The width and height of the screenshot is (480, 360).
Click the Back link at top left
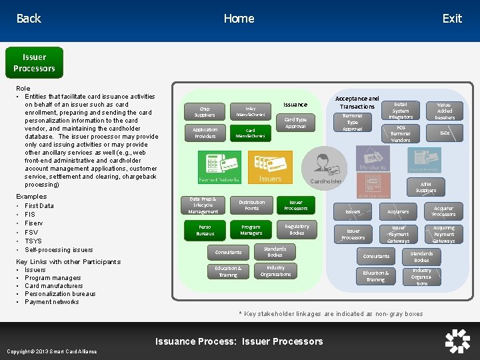pos(29,19)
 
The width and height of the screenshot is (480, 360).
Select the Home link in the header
pos(239,19)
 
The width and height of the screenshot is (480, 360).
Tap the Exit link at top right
pos(452,19)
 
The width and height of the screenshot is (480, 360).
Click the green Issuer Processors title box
pos(34,63)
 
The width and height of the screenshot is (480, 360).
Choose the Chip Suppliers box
pos(204,111)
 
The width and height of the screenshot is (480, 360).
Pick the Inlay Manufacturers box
pos(250,111)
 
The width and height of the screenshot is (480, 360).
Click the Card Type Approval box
pos(295,123)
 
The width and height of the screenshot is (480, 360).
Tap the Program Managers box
pos(251,231)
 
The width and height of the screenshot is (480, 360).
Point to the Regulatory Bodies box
pos(297,230)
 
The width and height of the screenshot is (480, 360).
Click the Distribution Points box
pos(251,205)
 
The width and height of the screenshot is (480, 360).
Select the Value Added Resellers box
pos(445,111)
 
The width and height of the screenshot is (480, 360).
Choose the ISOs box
pos(445,133)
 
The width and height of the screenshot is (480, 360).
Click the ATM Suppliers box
pos(426,187)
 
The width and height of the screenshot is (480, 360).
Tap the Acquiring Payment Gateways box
pos(443,234)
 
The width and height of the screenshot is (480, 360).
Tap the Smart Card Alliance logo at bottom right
pos(457,341)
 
